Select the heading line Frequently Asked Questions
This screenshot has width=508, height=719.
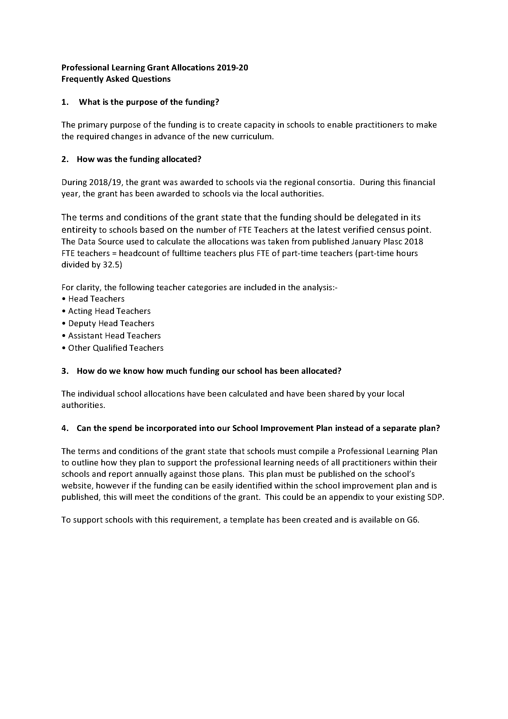point(116,79)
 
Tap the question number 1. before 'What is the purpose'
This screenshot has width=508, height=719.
point(65,102)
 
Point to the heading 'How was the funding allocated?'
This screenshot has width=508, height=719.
point(139,160)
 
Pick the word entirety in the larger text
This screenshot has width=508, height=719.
point(79,230)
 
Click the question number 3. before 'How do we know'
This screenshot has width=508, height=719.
point(65,371)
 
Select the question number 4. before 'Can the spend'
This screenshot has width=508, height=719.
point(65,428)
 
